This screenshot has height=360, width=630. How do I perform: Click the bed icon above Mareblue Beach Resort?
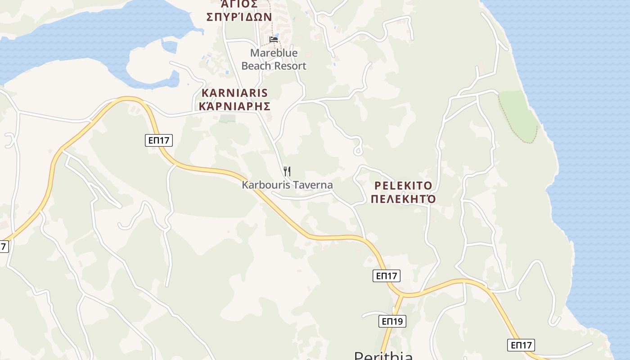[274, 40]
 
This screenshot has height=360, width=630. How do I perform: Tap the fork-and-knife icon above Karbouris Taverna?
[287, 171]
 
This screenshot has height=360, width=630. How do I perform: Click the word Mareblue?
[274, 53]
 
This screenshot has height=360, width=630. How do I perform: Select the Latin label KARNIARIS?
[235, 93]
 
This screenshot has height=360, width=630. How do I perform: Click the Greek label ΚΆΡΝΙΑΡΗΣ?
[235, 107]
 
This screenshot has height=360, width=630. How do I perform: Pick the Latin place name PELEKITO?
[403, 185]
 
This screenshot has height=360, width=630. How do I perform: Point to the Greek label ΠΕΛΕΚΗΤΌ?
[403, 199]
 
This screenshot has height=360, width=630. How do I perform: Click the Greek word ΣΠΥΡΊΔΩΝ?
[239, 17]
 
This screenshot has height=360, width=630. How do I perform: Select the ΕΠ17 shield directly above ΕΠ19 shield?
[387, 276]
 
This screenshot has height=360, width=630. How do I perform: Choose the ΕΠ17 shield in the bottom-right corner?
[521, 345]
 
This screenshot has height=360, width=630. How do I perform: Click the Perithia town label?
[383, 355]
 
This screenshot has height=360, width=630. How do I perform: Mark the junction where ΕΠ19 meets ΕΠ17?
[400, 296]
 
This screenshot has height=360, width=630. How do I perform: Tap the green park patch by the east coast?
[520, 115]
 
